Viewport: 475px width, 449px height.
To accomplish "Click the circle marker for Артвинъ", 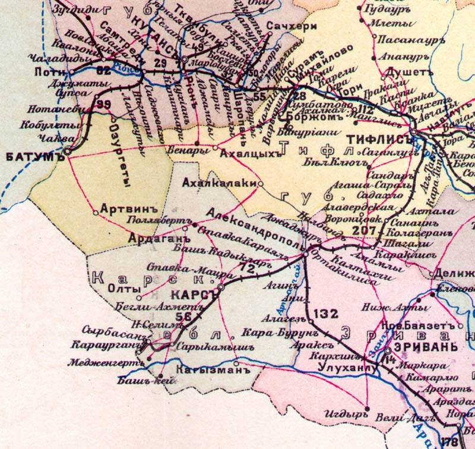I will (x=96, y=213).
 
